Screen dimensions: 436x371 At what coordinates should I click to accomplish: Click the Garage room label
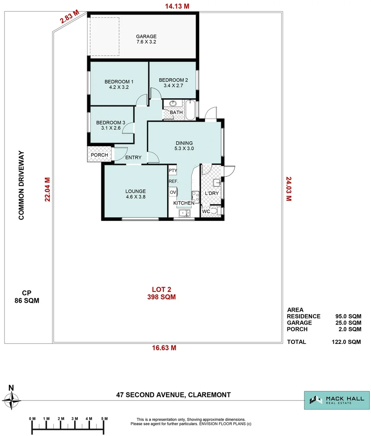146,36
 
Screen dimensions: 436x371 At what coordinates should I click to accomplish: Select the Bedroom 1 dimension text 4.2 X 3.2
119,87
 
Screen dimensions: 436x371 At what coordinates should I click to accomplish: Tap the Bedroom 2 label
174,80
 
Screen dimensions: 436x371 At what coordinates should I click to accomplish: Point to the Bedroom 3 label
111,122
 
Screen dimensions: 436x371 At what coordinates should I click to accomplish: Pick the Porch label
99,155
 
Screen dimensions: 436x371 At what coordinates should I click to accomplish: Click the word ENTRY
133,157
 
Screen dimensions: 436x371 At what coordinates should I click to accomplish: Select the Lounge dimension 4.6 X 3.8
135,197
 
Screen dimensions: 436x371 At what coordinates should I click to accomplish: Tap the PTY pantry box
173,170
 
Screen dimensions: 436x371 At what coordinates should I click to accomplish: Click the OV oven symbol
173,192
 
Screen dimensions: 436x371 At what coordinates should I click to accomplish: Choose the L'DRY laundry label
212,193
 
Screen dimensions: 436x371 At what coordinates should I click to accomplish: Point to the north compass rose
11,401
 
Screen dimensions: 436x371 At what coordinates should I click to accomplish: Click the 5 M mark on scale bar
103,418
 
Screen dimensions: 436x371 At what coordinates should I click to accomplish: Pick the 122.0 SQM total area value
346,342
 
